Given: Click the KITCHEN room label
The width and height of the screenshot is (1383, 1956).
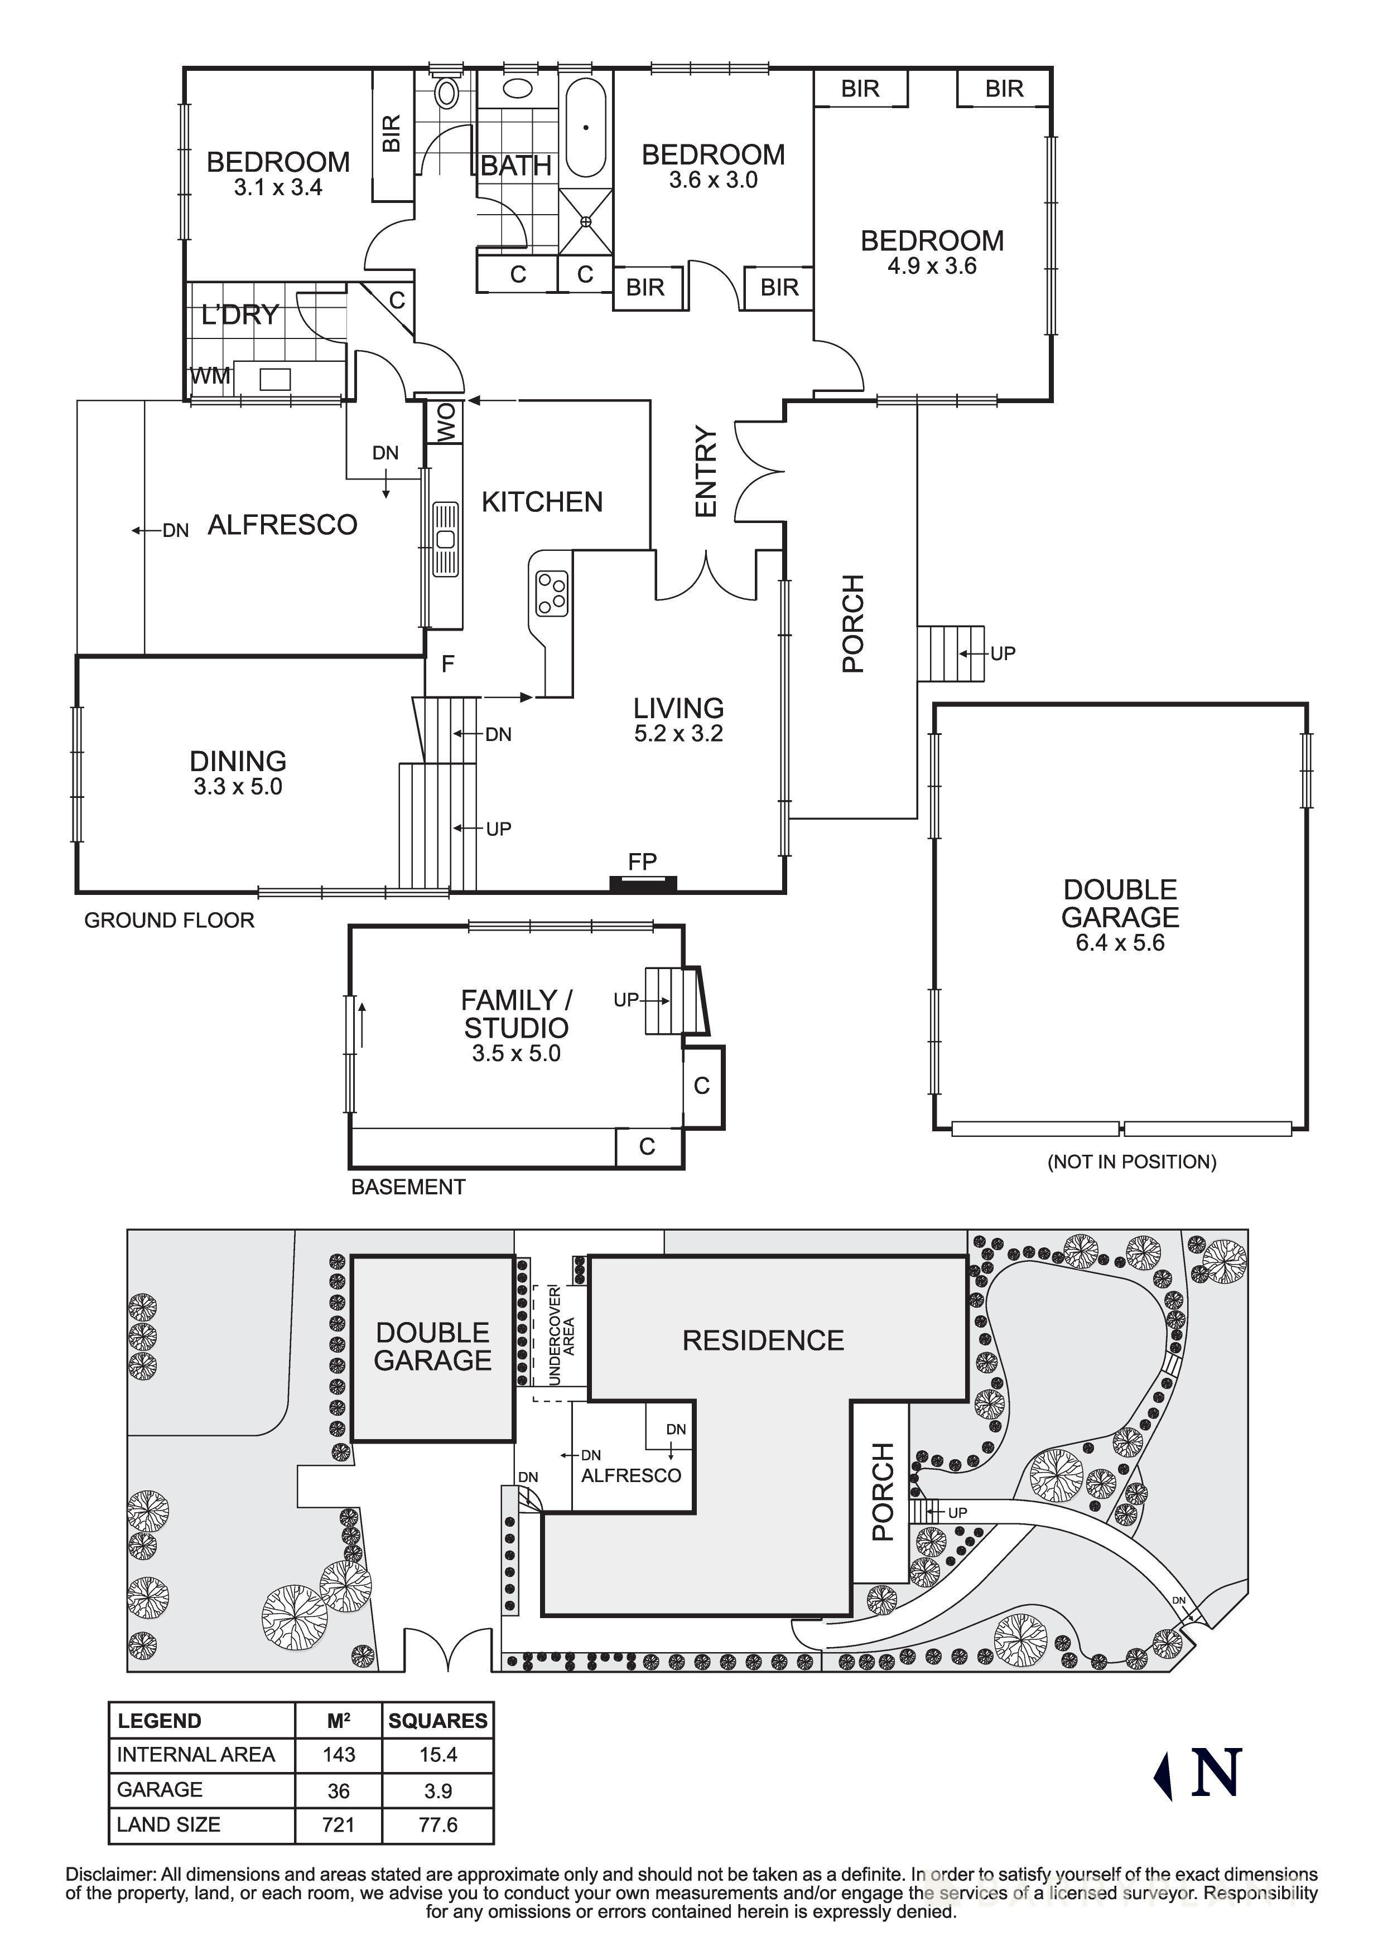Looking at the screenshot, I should point(542,502).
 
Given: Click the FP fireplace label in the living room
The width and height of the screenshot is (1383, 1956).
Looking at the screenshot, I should point(643,861).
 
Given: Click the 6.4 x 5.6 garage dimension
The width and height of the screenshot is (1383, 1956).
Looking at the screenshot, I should point(1120,943).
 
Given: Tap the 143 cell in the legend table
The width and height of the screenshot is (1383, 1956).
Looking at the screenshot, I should point(338,1754).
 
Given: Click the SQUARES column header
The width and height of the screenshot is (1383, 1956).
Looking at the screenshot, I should point(437,1720).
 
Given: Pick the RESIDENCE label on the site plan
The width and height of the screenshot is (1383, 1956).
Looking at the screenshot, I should point(763,1340).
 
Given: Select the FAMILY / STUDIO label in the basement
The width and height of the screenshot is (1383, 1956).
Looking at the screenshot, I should point(517,1013).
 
